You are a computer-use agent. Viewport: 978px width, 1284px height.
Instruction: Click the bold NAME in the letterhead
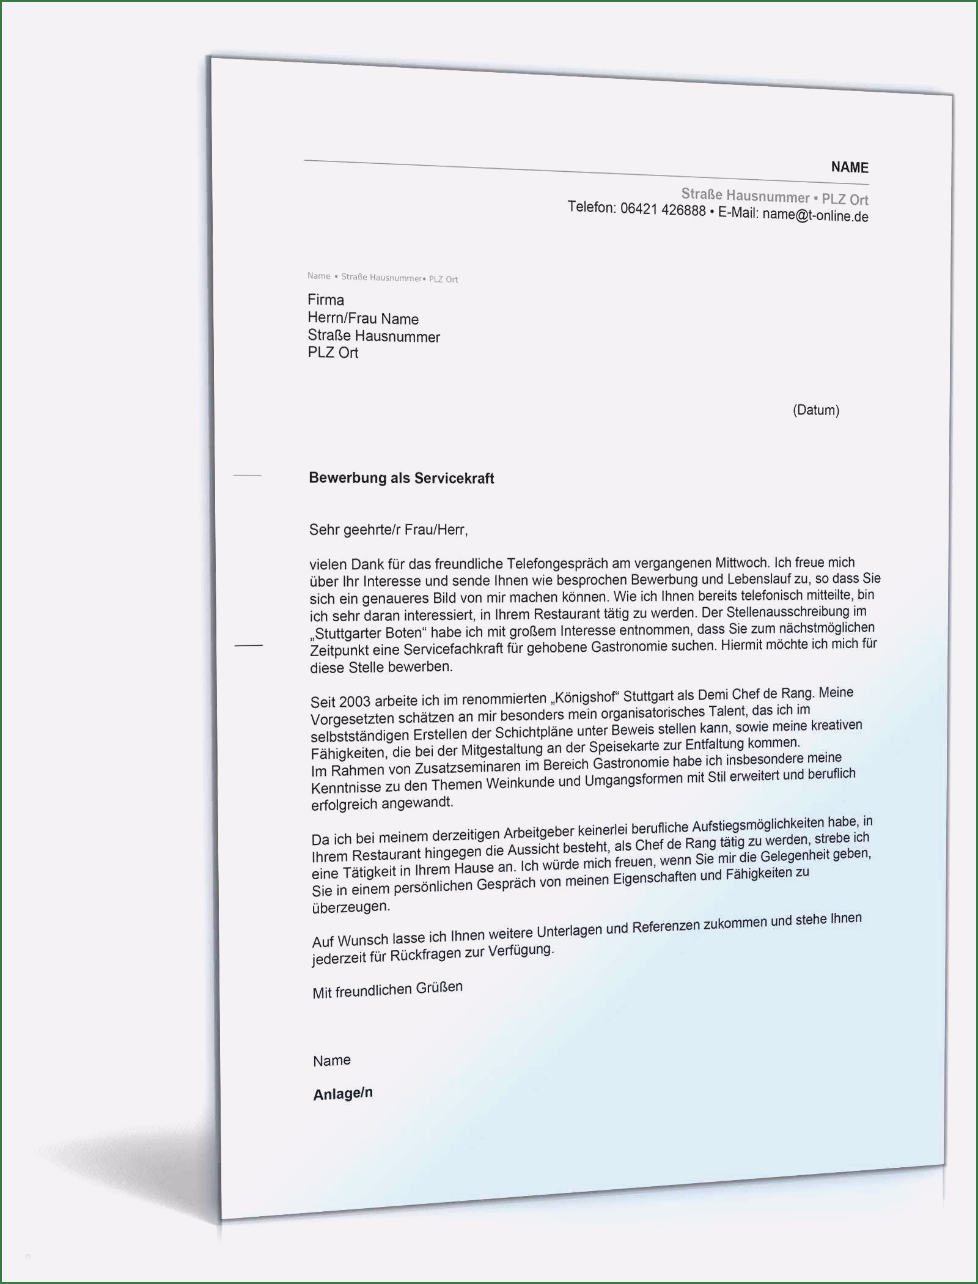pyautogui.click(x=849, y=167)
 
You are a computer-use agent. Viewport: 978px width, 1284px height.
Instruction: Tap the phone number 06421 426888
pyautogui.click(x=663, y=210)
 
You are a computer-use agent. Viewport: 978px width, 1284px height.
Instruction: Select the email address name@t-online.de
pyautogui.click(x=815, y=215)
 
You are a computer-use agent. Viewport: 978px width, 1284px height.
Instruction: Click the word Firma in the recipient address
pyautogui.click(x=326, y=300)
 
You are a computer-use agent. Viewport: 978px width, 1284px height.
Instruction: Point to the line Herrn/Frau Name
pyautogui.click(x=363, y=319)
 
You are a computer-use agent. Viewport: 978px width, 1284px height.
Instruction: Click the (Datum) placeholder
pyautogui.click(x=815, y=410)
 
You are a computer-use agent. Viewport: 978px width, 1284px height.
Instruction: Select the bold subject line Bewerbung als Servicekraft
pyautogui.click(x=402, y=478)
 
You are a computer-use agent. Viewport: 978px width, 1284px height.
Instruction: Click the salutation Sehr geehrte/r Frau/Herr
pyautogui.click(x=388, y=529)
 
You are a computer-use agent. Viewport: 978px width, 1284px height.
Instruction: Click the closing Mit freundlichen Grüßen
pyautogui.click(x=388, y=990)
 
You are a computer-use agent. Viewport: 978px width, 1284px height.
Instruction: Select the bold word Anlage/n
pyautogui.click(x=343, y=1094)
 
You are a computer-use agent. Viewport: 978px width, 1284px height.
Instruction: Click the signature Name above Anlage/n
pyautogui.click(x=332, y=1061)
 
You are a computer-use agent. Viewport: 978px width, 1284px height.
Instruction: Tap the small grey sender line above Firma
pyautogui.click(x=383, y=278)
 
